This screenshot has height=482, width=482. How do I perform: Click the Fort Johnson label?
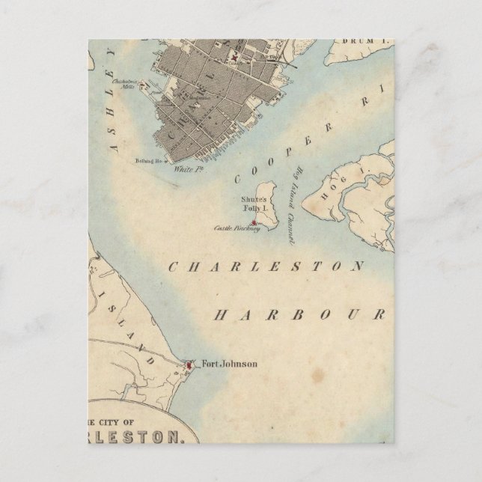point(230,364)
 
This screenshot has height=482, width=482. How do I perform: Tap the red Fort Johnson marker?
point(190,364)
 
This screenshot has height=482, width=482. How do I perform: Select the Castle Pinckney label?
point(236,228)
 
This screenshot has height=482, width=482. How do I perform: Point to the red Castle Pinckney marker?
point(254,223)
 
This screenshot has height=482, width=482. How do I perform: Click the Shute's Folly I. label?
point(254,204)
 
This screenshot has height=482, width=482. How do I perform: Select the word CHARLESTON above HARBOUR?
point(265,266)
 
